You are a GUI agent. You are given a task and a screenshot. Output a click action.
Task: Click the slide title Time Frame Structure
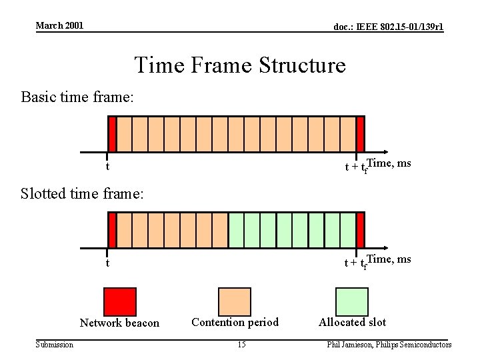coord(240,65)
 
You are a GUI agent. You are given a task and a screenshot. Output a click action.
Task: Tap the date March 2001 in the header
coord(59,25)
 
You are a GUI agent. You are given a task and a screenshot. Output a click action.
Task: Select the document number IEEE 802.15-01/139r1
coord(388,27)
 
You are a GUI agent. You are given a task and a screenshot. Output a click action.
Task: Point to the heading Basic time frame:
coord(77,97)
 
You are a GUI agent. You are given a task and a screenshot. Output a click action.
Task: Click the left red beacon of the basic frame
coord(112,133)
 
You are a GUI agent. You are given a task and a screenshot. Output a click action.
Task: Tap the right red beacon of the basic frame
coord(360,133)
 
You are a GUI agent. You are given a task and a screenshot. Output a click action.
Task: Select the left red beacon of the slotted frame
coord(112,230)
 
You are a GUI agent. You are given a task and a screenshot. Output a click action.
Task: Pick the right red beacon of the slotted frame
coord(360,230)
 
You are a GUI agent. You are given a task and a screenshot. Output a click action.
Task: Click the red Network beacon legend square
coord(120,301)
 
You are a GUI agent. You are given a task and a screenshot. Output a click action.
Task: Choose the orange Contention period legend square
coord(235,301)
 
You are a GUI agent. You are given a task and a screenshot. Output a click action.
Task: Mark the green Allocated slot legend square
coord(351,301)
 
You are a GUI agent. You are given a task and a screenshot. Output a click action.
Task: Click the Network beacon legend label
coord(120,323)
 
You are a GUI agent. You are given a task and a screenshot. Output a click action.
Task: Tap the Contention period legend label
coord(235,323)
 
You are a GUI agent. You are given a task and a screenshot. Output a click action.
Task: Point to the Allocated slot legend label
coord(352,323)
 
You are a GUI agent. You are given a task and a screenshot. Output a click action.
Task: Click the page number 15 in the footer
coord(241,345)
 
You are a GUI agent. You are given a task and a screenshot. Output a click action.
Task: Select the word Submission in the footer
coord(55,345)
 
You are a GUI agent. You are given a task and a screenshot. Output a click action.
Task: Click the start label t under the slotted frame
coord(108,263)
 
